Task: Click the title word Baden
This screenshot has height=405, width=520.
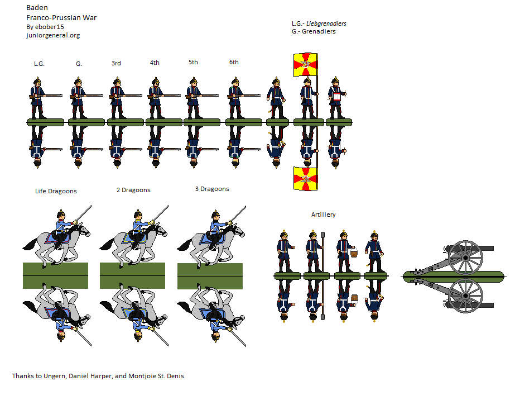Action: [37, 8]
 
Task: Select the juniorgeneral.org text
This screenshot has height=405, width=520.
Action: [53, 36]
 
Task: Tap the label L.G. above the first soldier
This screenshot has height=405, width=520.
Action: [39, 64]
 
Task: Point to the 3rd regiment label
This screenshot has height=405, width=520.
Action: [116, 63]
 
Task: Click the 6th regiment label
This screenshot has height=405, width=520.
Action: [234, 62]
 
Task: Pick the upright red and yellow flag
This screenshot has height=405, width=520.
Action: [306, 65]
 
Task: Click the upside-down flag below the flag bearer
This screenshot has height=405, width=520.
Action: [306, 178]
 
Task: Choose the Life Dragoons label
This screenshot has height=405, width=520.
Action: [56, 191]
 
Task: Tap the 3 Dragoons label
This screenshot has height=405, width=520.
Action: [212, 189]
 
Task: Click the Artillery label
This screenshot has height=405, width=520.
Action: [324, 215]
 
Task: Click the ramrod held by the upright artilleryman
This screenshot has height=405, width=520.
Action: [322, 251]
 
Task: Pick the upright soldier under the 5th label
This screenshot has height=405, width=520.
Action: [193, 98]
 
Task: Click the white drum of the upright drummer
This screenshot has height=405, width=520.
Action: [337, 96]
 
